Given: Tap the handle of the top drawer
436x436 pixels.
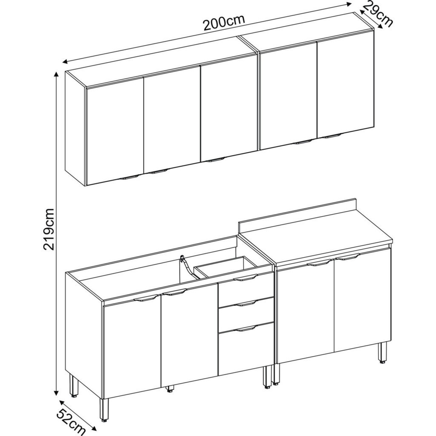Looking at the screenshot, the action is tap(246, 278).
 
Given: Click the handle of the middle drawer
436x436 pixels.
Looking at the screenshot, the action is tap(246, 304).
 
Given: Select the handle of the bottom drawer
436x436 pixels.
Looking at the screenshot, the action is tap(246, 329).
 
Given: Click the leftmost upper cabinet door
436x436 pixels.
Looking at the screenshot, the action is tap(115, 131).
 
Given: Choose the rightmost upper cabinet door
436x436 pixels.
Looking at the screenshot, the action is tap(345, 86).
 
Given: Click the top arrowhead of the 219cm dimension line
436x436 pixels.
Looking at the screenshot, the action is tap(57, 74).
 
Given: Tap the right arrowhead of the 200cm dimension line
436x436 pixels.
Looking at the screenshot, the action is tap(349, 4).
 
